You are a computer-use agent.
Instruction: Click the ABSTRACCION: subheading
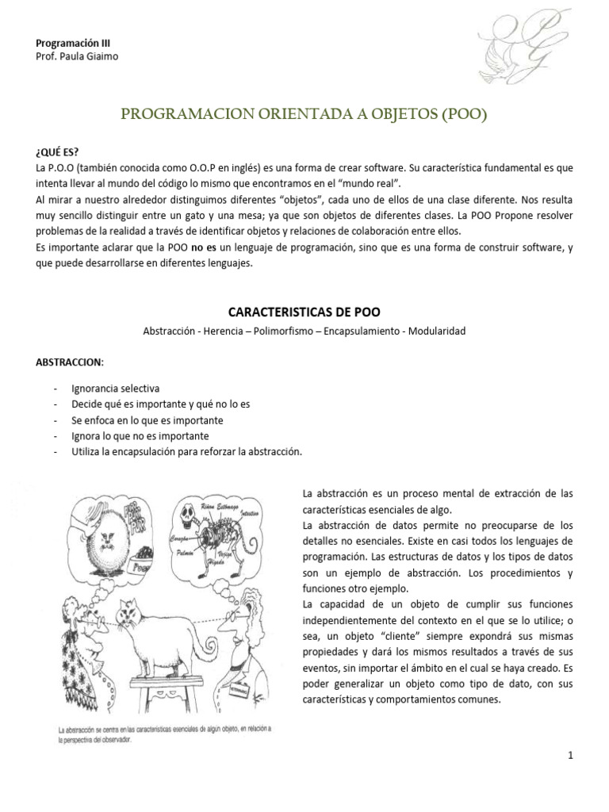[70, 362]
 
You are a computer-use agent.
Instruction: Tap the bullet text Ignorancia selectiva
[115, 389]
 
